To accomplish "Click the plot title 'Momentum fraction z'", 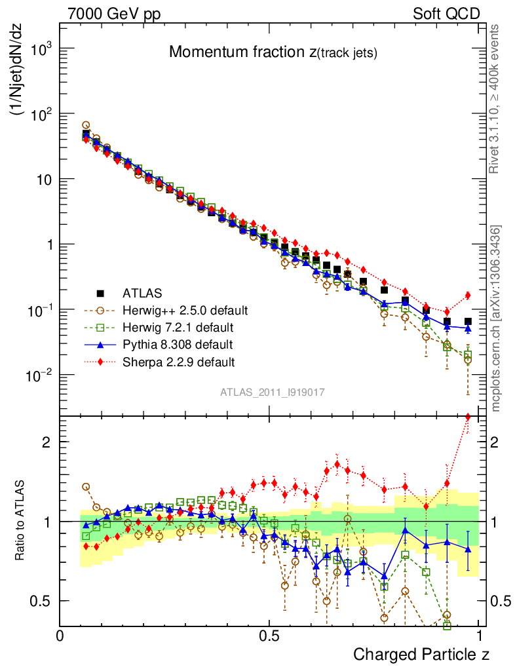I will (x=273, y=53).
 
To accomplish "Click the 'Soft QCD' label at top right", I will (x=446, y=14).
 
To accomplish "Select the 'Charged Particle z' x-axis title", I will (x=421, y=654).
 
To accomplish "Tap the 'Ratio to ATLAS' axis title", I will (x=20, y=521).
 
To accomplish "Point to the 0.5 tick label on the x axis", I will (x=269, y=636).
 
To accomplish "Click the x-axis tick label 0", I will (x=60, y=636).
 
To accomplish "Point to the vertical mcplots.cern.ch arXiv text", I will (x=496, y=318).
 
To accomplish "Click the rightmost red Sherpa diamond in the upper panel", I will (x=468, y=296).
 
